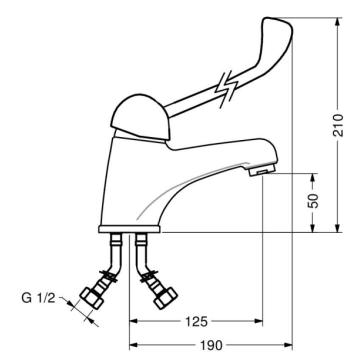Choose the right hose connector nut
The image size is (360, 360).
coord(165,296)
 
